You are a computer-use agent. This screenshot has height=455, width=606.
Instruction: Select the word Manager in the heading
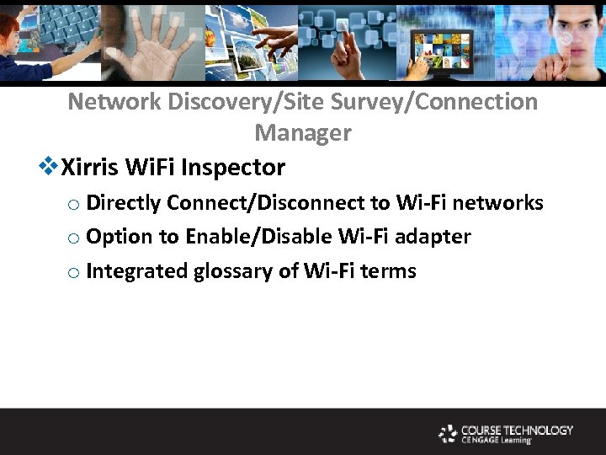pos(303,133)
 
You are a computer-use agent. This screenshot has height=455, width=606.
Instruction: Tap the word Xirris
pos(90,168)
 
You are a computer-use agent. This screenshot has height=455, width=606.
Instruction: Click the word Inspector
pos(238,169)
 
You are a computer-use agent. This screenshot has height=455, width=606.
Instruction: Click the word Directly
pos(124,204)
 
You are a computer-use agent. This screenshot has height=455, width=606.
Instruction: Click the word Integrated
pos(137,272)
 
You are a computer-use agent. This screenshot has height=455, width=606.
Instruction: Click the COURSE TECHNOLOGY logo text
pos(517,431)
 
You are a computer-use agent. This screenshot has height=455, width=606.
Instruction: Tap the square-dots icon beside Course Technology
pos(448,434)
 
